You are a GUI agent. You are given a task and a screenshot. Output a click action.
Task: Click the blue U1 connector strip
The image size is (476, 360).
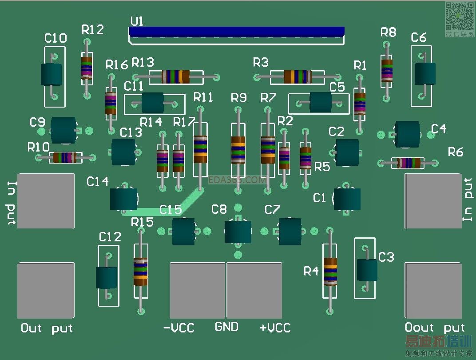coord(237,32)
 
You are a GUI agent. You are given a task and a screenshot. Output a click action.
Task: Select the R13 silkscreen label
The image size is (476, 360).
coord(143,62)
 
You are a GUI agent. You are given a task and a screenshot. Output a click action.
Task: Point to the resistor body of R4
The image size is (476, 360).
coord(330,271)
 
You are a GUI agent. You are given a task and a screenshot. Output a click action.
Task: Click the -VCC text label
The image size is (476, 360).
coord(179,328)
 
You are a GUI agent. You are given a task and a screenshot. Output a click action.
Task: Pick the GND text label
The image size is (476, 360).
coord(226,327)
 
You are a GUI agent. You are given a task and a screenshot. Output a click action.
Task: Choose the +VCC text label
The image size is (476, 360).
coord(275,328)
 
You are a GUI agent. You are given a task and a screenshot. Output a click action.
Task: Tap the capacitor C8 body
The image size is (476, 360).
coord(238,232)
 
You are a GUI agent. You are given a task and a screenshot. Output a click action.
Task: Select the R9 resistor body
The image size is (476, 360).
coord(238,150)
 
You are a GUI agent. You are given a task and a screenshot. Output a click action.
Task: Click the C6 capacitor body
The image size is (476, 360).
coord(425,74)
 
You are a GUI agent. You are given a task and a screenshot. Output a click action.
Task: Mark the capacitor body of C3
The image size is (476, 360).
coord(367,270)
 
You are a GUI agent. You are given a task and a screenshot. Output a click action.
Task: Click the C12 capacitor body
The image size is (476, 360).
coord(107,277)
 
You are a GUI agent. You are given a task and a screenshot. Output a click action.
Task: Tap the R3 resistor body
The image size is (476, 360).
coord(297,77)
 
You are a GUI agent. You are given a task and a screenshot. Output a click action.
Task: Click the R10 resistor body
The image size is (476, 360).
coord(65,157)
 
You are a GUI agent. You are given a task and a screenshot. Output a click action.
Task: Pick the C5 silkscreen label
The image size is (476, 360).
coord(337,87)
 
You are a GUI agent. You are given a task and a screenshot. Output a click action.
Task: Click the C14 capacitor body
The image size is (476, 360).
coord(123,199)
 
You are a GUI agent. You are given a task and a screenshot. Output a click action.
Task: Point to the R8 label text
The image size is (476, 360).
coord(389,32)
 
